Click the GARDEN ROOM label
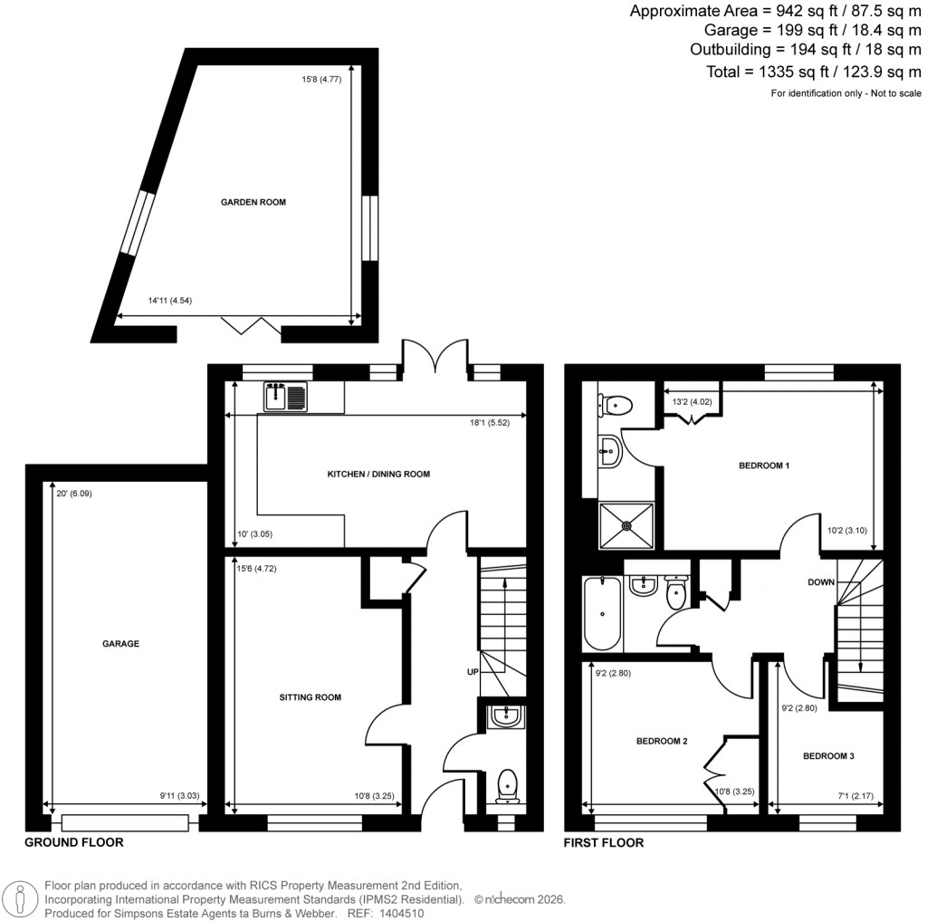[x=253, y=202]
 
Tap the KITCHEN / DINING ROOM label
[x=378, y=474]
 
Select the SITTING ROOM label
[x=310, y=697]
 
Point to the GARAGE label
[x=120, y=644]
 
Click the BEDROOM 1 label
[x=764, y=466]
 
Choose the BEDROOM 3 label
[x=828, y=755]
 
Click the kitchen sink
[x=286, y=396]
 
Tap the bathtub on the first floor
[x=602, y=613]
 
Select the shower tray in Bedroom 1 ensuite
[x=626, y=524]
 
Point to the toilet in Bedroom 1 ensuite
[x=619, y=403]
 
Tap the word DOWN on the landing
[x=821, y=582]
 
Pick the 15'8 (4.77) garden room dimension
[x=321, y=80]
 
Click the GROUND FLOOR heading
[x=73, y=842]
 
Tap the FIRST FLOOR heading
[x=604, y=842]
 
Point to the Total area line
[x=813, y=72]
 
